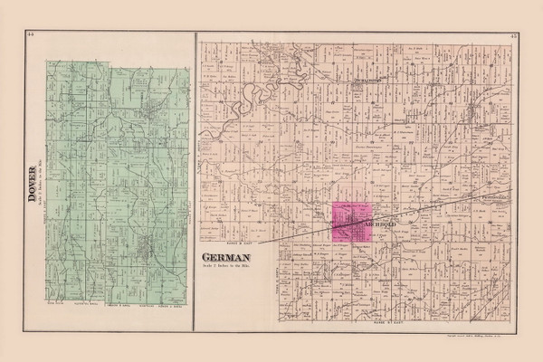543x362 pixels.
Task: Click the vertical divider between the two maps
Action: [x=195, y=181]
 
